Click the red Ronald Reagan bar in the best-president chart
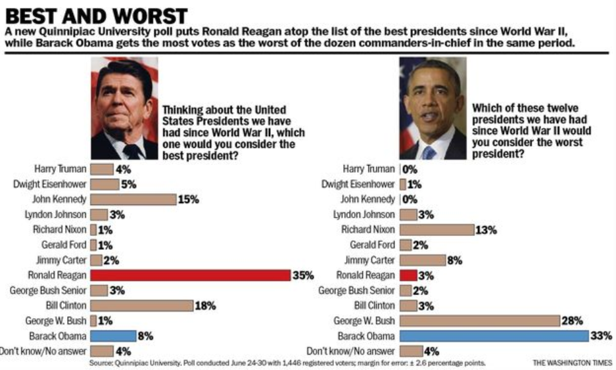pos(190,275)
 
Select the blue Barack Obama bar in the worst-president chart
pos(493,336)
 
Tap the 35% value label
pos(303,275)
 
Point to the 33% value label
pos(602,336)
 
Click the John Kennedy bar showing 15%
pos(133,199)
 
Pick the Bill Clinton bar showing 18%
pos(141,306)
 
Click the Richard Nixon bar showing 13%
pos(437,229)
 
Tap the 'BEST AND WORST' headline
pos(96,16)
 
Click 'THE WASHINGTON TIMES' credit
pos(573,363)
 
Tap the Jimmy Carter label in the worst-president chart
pos(370,260)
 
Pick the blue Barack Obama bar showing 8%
pos(112,336)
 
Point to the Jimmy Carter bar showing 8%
pos(422,260)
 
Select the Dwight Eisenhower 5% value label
pos(128,184)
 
